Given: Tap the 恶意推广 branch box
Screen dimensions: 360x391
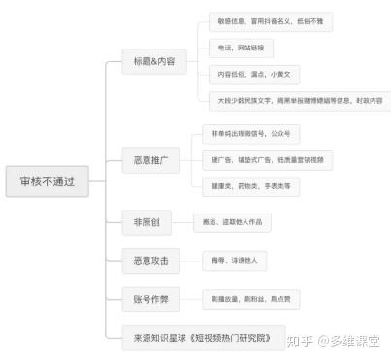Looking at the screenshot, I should (149, 157).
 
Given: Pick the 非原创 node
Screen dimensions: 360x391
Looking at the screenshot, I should (147, 222).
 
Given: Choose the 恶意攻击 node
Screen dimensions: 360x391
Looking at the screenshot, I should (149, 260).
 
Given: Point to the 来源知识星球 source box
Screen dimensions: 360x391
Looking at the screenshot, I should (204, 339).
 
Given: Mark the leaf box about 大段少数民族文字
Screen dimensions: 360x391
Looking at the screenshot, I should (297, 100).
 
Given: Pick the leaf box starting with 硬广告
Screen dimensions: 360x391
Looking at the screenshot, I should (268, 158).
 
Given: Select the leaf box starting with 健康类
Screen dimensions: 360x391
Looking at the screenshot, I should (248, 183).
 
